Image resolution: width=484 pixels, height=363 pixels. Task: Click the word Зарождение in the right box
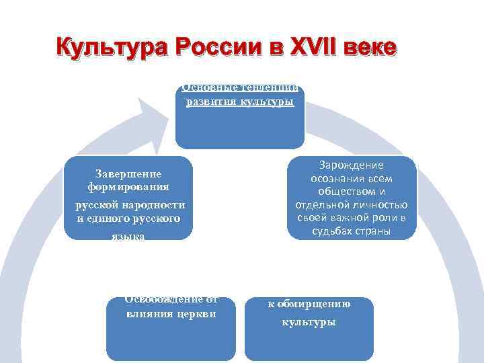[352, 165]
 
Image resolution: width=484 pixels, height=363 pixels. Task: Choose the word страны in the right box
[372, 232]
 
